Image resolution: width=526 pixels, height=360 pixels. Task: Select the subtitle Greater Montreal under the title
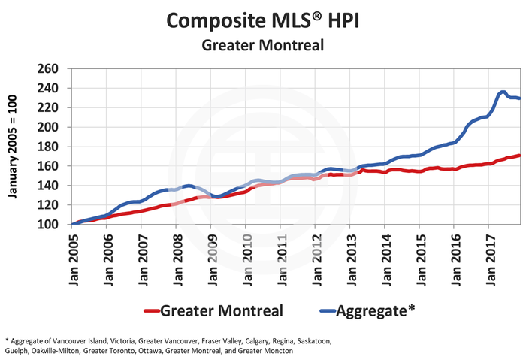tap(263, 44)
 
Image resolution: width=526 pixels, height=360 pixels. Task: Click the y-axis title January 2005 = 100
tap(13, 146)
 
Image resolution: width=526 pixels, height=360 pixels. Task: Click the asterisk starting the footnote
tap(6, 340)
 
